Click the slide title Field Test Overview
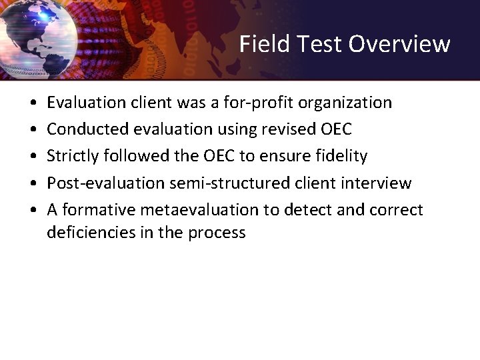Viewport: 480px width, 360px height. pyautogui.click(x=345, y=44)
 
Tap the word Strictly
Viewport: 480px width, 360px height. pyautogui.click(x=72, y=156)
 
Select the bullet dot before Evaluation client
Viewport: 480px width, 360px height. pyautogui.click(x=33, y=103)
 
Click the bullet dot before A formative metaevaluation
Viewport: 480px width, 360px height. pyautogui.click(x=33, y=210)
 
